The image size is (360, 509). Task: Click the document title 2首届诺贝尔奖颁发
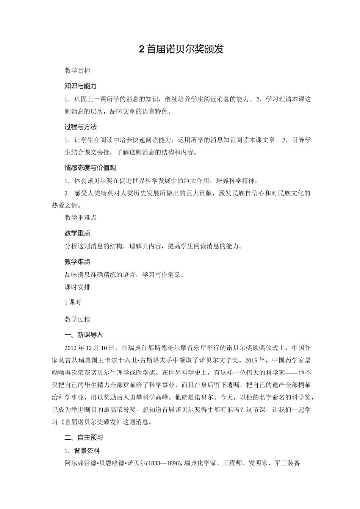(182, 49)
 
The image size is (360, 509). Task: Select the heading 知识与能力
(80, 86)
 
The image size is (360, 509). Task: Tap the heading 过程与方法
(80, 127)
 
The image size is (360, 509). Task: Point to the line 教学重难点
(80, 217)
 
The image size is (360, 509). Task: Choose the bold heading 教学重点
(77, 233)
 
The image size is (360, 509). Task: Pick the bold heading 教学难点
(77, 262)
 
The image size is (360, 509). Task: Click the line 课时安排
(77, 287)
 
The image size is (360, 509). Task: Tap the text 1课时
(73, 302)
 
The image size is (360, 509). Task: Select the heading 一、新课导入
(84, 335)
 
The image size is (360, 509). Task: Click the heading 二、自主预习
(84, 437)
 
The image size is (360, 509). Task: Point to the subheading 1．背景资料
(82, 451)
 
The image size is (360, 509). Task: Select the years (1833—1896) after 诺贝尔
(164, 463)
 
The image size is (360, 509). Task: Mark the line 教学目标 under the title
(77, 70)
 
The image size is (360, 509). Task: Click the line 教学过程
(77, 319)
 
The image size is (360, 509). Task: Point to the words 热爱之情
(65, 205)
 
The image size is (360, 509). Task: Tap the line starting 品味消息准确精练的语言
(125, 275)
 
